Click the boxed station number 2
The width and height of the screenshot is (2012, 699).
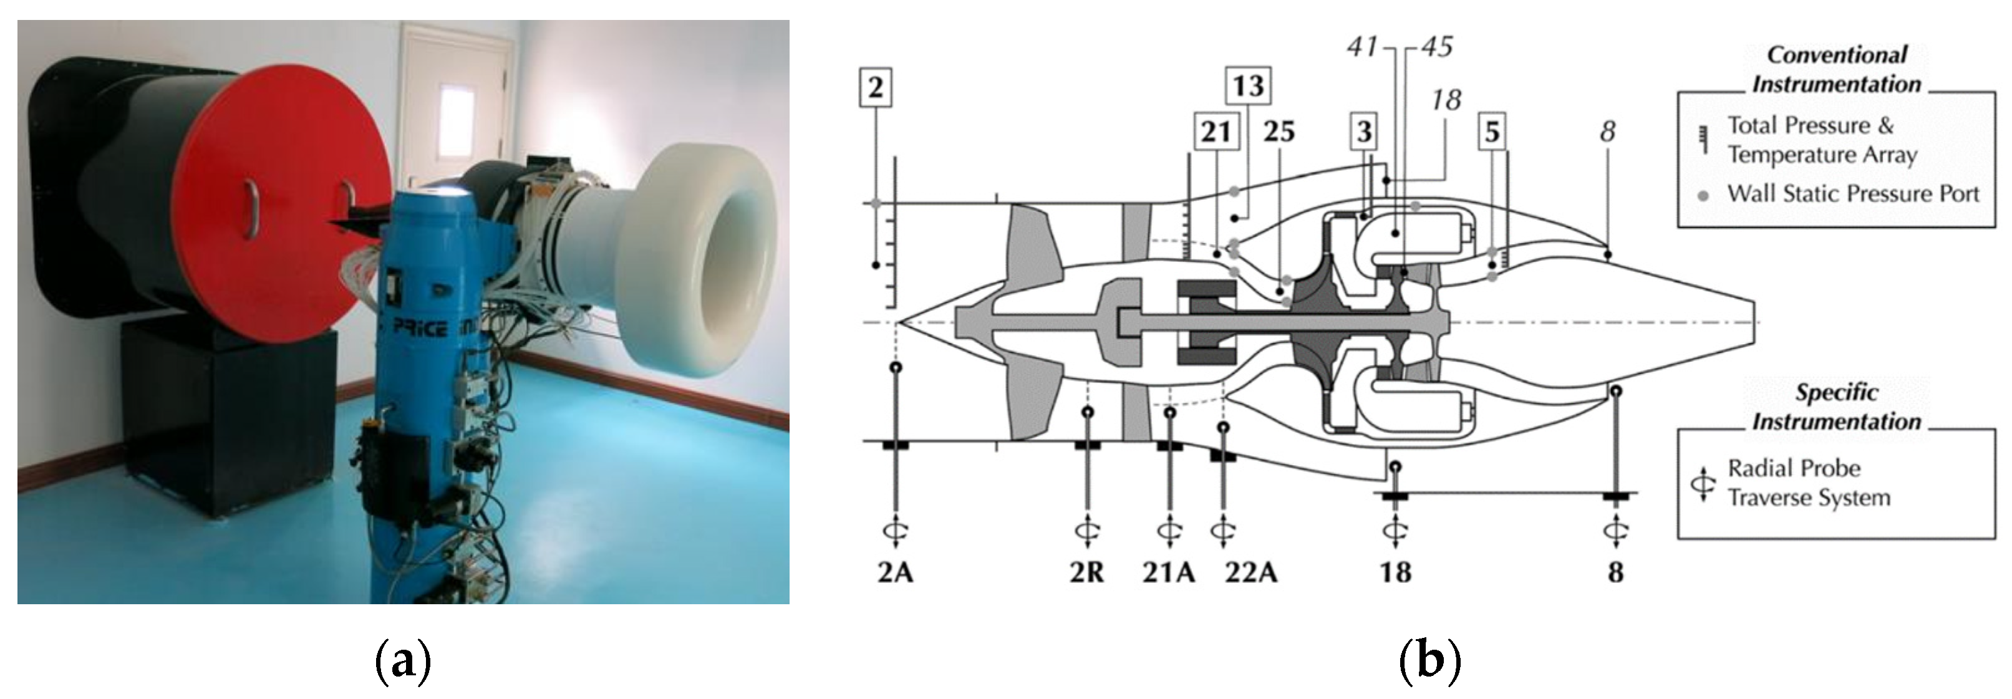pos(875,87)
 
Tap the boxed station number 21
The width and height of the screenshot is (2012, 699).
pos(1216,131)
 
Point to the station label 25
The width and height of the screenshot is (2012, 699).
pos(1279,131)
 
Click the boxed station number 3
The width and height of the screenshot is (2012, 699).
pos(1364,131)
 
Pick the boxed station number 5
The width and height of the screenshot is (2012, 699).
pos(1492,131)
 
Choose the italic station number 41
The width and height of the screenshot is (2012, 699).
pos(1363,47)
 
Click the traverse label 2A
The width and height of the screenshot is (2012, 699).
pos(895,572)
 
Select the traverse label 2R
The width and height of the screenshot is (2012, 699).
pos(1086,572)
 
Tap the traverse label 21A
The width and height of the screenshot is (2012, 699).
pos(1168,572)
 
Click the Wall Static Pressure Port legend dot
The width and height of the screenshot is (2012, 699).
pos(1703,195)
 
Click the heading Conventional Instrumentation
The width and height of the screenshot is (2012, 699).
pos(1836,69)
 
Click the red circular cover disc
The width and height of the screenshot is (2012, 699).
pos(273,203)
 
